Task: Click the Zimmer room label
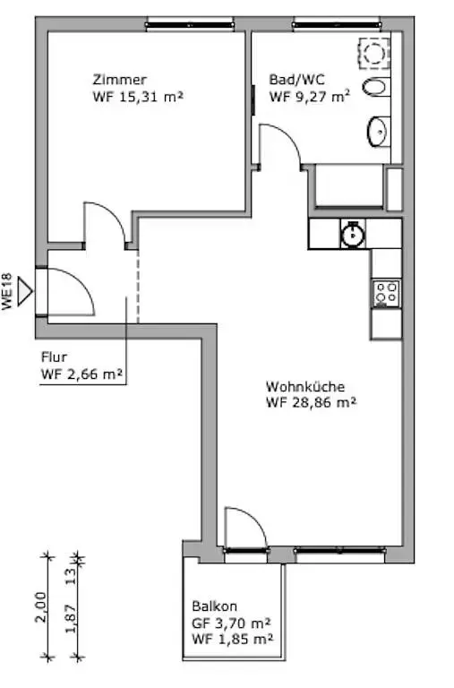point(119,80)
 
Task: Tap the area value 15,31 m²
point(150,97)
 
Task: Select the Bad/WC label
point(297,80)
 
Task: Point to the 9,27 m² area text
point(322,96)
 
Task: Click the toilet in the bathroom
point(376,87)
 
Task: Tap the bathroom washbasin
point(378,131)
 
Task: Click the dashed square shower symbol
point(374,53)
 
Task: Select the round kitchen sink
point(353,234)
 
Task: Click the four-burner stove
point(387,293)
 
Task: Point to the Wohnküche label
point(305,387)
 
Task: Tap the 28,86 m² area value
point(324,402)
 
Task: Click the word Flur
point(54,357)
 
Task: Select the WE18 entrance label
point(7,292)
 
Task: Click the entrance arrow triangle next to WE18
point(24,290)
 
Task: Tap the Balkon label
point(215,606)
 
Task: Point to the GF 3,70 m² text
point(231,623)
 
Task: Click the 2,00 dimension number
point(40,607)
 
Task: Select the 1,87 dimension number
point(71,619)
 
